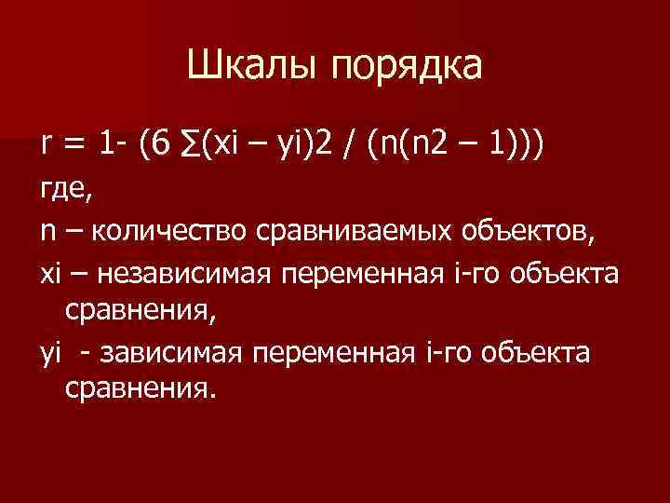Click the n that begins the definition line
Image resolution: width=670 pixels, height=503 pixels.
click(46, 232)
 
